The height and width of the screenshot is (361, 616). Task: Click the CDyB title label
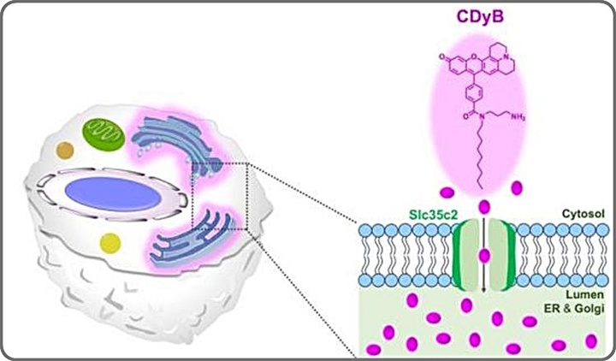(484, 18)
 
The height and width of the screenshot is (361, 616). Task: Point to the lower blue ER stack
(192, 240)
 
